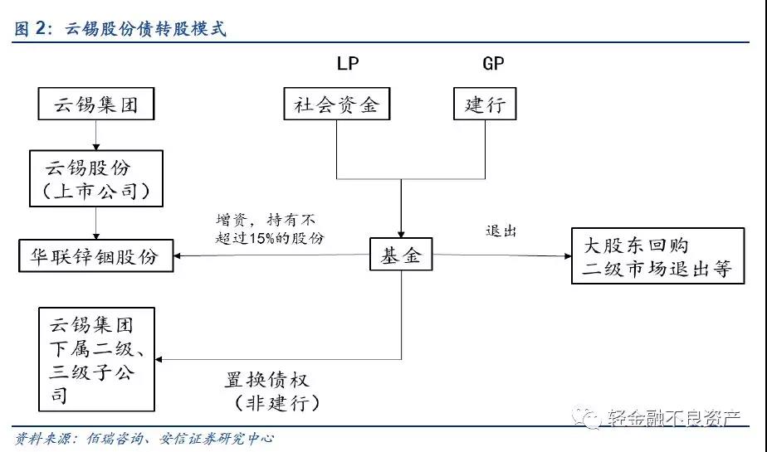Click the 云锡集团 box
(96, 105)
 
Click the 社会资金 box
(336, 104)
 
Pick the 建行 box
(485, 104)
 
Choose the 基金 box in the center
(402, 255)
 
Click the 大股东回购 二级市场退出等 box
(657, 256)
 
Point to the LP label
(348, 63)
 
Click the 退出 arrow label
(501, 231)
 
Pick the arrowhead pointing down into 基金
(402, 234)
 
